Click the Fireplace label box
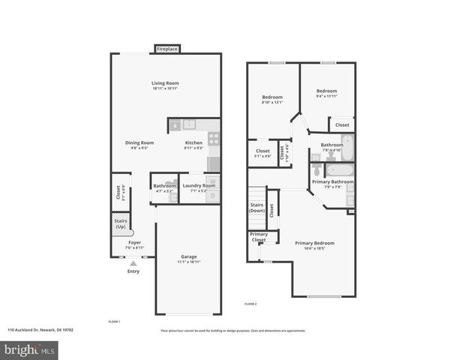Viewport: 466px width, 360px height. (x=167, y=49)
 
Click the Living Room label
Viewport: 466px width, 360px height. (x=165, y=83)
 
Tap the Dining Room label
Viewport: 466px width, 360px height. (x=139, y=142)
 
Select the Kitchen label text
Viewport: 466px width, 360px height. (x=194, y=142)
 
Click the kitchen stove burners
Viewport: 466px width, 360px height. (x=213, y=139)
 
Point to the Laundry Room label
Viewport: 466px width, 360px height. (x=199, y=185)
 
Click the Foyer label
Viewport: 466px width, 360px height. (x=134, y=242)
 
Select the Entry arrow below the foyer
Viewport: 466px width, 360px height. (x=134, y=263)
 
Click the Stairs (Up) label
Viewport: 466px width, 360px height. (x=120, y=223)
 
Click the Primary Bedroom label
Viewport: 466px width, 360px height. (x=314, y=243)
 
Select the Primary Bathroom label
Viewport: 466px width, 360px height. (x=332, y=181)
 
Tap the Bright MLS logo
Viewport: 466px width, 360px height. (x=30, y=349)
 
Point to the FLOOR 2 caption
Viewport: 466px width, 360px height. (x=251, y=304)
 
